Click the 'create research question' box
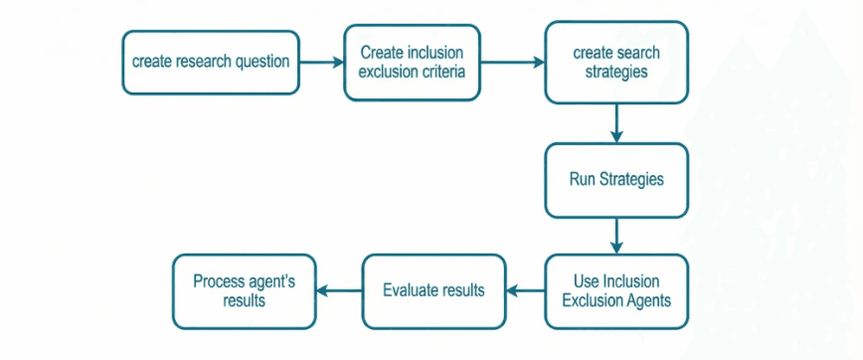(211, 62)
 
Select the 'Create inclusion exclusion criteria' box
(413, 62)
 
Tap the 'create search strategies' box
(615, 62)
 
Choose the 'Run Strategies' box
(615, 180)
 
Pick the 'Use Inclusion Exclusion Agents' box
(615, 290)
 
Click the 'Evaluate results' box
(433, 290)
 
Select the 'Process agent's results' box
(244, 290)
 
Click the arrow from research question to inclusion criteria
(321, 62)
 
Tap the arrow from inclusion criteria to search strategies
(513, 62)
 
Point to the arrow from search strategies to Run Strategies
(616, 123)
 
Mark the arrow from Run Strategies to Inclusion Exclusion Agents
(616, 236)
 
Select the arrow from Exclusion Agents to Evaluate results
(526, 291)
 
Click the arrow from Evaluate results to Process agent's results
(338, 291)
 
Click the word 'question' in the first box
(259, 62)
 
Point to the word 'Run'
(582, 180)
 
